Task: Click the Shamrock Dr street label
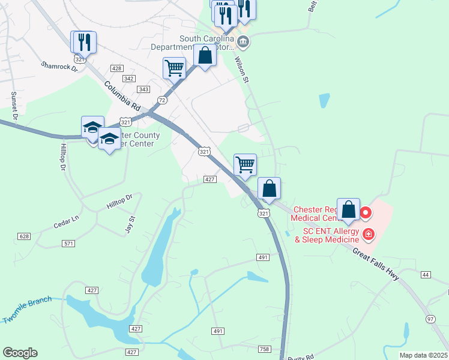click(59, 66)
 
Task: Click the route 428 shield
click(117, 68)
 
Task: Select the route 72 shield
click(162, 99)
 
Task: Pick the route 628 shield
click(24, 236)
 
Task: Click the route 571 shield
click(69, 243)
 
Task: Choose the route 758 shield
click(265, 349)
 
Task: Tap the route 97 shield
click(430, 318)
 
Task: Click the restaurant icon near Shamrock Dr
click(83, 42)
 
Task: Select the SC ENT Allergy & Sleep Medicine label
click(323, 235)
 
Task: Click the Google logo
click(20, 353)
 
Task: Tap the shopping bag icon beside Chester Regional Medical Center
click(348, 210)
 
